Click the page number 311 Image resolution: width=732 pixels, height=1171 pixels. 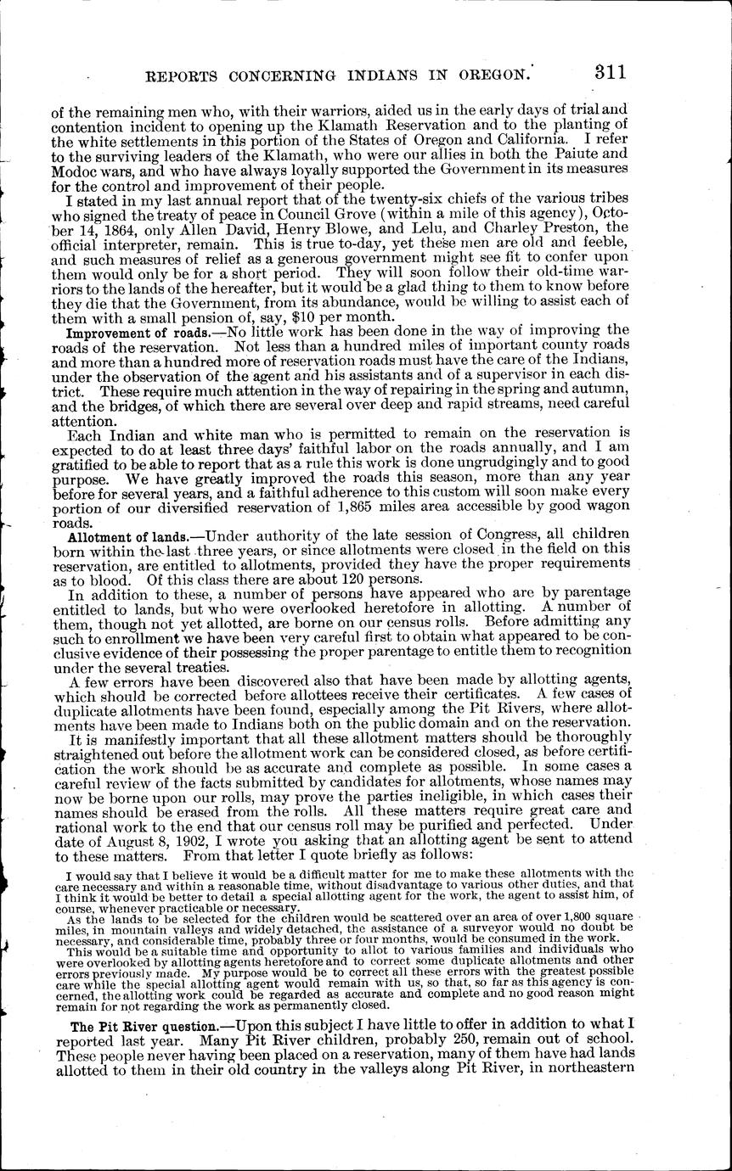[x=610, y=72]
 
